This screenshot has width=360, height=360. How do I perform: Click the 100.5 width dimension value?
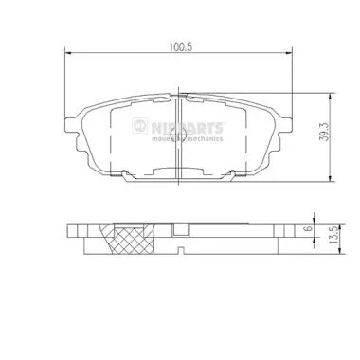177,44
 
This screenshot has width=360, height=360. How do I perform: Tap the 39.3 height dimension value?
324,133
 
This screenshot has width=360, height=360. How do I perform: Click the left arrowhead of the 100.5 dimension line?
66,54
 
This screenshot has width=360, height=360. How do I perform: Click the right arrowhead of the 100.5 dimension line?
289,54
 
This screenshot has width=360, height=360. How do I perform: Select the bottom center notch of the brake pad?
177,172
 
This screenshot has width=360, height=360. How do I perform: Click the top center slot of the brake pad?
177,96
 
